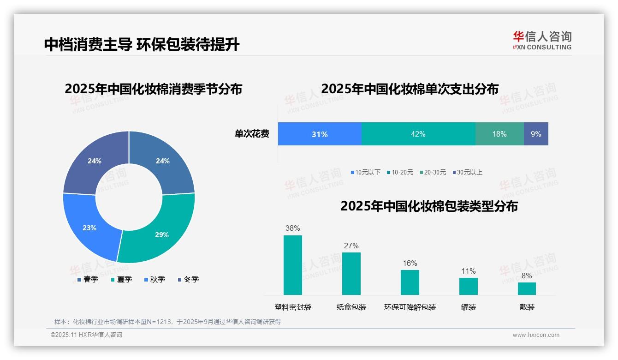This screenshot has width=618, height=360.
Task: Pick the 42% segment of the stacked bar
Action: [x=418, y=134]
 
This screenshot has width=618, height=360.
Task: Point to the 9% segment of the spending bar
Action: [x=536, y=134]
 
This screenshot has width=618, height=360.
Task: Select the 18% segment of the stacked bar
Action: [x=499, y=134]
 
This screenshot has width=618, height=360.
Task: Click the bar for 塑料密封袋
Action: [x=293, y=265]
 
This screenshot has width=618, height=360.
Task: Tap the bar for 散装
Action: [x=527, y=288]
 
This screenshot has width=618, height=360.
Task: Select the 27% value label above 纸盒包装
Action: [x=351, y=246]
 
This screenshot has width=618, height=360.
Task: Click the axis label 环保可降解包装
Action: [x=410, y=307]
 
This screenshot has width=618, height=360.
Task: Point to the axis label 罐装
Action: [x=469, y=307]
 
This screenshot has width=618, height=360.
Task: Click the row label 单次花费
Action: [x=252, y=134]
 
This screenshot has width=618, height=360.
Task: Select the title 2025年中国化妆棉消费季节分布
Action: [x=153, y=89]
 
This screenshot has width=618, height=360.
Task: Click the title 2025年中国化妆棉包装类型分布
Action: [x=429, y=206]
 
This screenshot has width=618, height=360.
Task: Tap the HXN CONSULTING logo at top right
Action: [x=542, y=41]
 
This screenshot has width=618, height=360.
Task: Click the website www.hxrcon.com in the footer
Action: [x=536, y=335]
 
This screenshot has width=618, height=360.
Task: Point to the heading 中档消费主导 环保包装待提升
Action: [x=142, y=44]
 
